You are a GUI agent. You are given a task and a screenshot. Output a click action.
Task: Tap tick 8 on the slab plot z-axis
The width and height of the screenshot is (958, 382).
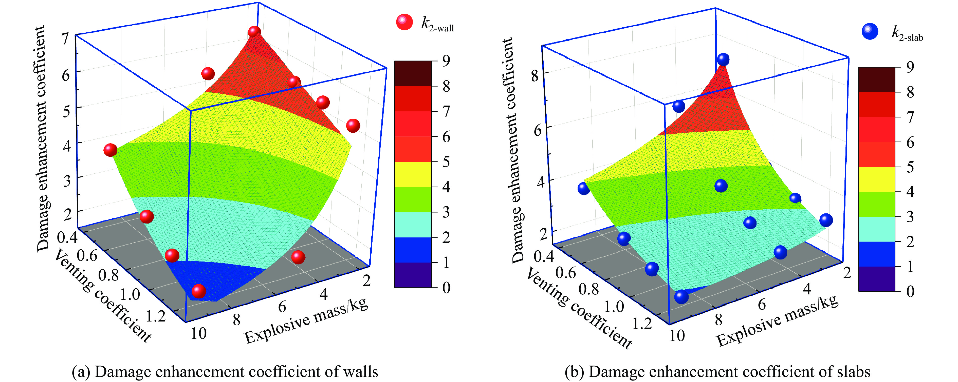pyautogui.click(x=535, y=75)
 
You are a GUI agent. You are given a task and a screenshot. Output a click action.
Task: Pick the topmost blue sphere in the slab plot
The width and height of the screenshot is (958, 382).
pyautogui.click(x=723, y=59)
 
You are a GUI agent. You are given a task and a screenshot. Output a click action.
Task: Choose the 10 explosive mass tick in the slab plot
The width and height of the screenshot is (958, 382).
pyautogui.click(x=677, y=336)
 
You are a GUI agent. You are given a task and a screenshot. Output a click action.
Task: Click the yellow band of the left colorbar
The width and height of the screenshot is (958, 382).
pyautogui.click(x=413, y=174)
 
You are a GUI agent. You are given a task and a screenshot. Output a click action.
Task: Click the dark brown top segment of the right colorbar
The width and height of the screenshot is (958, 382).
pyautogui.click(x=877, y=79)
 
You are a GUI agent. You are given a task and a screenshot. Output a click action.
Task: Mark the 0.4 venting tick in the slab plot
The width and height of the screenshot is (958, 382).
pyautogui.click(x=544, y=256)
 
